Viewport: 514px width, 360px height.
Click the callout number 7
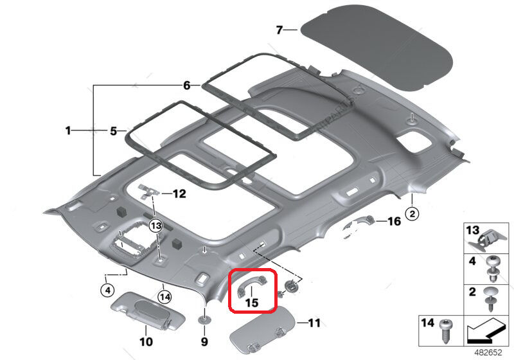(x=279, y=30)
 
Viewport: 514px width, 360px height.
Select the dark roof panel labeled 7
(x=377, y=48)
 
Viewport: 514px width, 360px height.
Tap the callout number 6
(x=186, y=85)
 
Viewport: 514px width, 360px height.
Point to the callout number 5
(x=113, y=131)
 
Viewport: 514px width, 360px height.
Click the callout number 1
(x=68, y=130)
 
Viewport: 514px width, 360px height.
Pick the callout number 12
(x=179, y=194)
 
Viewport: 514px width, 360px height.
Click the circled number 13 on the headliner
(x=155, y=226)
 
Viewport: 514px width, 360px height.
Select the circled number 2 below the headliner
(x=412, y=214)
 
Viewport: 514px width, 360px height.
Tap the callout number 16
(x=394, y=221)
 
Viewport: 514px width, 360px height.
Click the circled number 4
(x=107, y=290)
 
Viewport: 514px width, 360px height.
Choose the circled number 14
(x=164, y=297)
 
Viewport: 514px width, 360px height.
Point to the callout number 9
(x=204, y=341)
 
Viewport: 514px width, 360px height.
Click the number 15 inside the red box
(x=252, y=303)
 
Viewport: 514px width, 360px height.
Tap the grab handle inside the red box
(x=251, y=283)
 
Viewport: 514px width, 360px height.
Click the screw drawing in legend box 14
(x=445, y=331)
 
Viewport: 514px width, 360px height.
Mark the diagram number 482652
(x=488, y=352)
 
